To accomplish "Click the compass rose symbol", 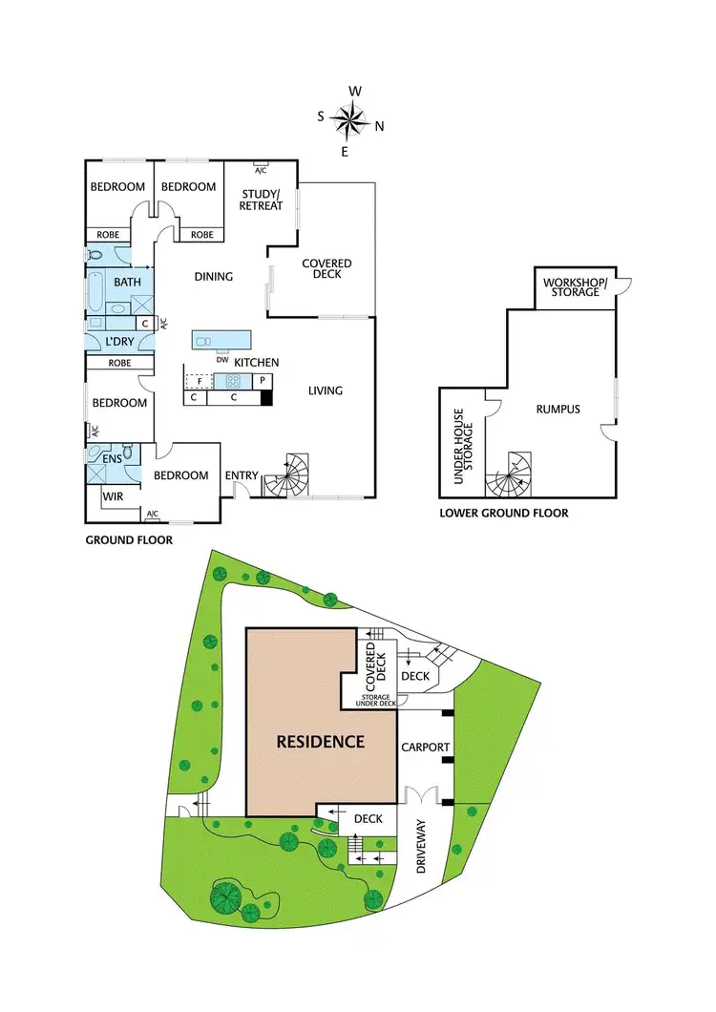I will tap(352, 120).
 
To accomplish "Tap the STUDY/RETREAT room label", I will tap(261, 200).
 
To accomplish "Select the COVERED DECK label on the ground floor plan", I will tap(326, 268).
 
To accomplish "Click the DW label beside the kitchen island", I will tap(221, 359).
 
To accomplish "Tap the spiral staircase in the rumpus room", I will tap(508, 474).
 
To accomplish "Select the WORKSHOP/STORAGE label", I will tap(573, 287).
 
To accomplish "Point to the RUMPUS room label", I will tap(558, 410).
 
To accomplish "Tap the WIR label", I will tap(114, 496).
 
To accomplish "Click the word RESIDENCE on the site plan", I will tap(321, 741).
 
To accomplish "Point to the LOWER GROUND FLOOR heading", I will tap(503, 514).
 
